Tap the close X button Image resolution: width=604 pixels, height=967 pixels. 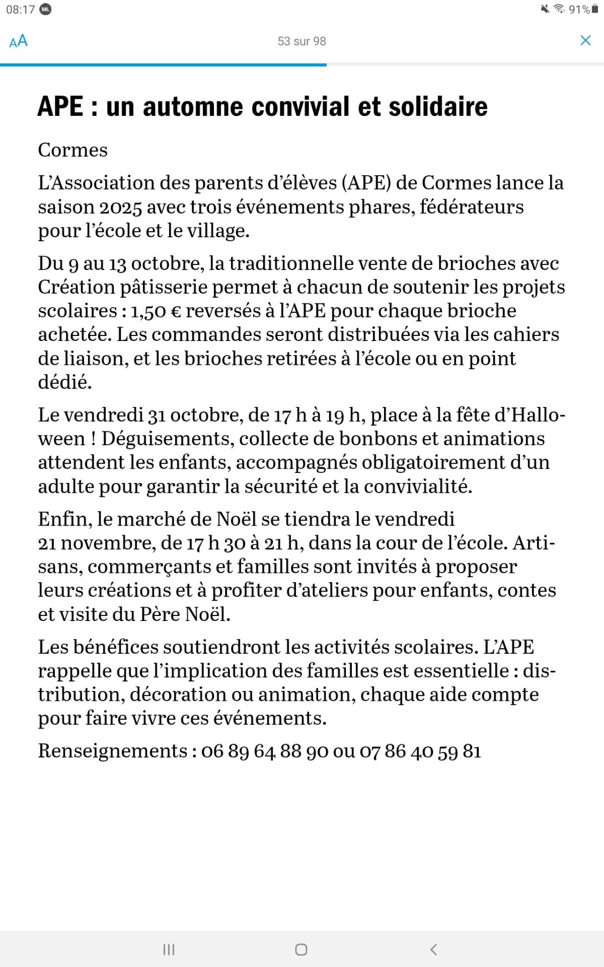click(585, 40)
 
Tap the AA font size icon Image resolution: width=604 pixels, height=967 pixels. click(18, 41)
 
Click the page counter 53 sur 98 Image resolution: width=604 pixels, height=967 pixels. click(301, 42)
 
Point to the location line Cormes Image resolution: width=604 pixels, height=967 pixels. click(73, 150)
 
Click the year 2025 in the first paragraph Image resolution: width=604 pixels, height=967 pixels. click(120, 207)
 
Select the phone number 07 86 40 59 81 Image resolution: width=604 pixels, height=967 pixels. click(420, 751)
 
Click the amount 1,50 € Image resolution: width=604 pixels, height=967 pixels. click(156, 311)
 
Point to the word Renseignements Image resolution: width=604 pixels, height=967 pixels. click(113, 751)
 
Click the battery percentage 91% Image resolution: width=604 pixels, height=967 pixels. click(579, 9)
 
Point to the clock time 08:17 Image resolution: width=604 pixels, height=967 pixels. click(21, 9)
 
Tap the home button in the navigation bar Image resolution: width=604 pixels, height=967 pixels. click(301, 950)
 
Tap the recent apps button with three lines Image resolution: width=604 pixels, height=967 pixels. click(169, 950)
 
